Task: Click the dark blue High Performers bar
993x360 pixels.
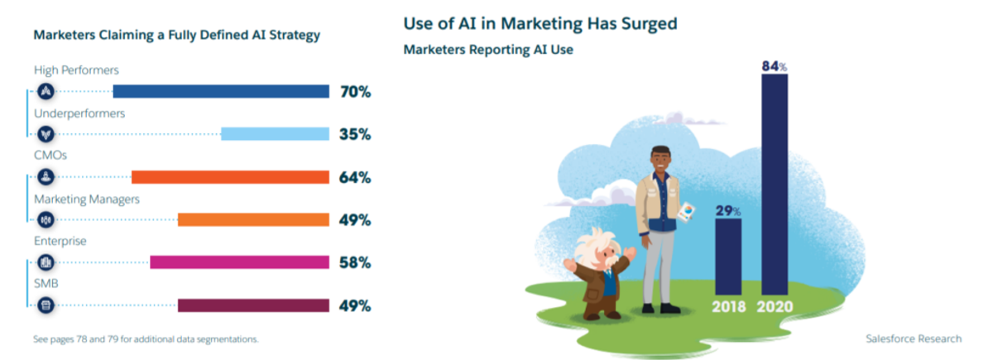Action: click(221, 91)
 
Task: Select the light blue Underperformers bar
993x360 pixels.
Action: click(276, 134)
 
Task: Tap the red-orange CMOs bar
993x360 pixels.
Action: click(231, 177)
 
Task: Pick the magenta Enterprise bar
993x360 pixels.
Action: click(239, 262)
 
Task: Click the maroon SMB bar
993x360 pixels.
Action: click(253, 305)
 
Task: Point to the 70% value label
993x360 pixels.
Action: click(356, 92)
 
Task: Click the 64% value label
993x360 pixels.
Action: click(355, 177)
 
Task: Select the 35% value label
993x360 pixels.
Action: click(355, 134)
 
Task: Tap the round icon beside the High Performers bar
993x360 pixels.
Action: click(46, 91)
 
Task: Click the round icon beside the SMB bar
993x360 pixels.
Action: click(46, 305)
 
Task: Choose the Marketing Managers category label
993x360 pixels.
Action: click(87, 199)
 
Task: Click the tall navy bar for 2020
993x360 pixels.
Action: click(775, 185)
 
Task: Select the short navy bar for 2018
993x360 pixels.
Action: click(728, 257)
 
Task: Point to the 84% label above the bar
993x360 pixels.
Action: click(775, 66)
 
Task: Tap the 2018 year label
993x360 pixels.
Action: click(729, 306)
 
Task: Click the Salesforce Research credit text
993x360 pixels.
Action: click(914, 338)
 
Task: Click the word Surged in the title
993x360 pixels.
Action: click(649, 24)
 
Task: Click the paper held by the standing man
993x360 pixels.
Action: click(686, 212)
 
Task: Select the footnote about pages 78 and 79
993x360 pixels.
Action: click(146, 339)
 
